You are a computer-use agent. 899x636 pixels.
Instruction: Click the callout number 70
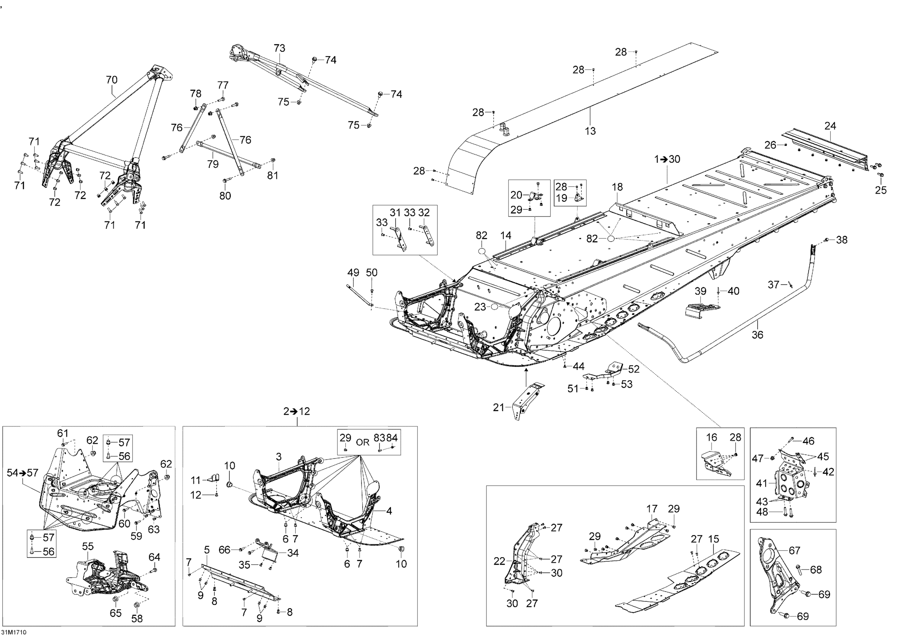pos(111,80)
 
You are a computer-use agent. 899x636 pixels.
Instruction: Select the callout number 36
pos(757,334)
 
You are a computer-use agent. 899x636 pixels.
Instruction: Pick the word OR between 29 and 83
pos(363,442)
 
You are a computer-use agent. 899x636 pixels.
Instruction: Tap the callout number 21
pos(498,408)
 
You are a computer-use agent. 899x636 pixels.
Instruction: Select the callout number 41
pos(761,484)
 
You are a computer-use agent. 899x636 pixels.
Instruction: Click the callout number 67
pos(794,551)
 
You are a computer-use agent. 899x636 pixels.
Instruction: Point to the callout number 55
pos(88,546)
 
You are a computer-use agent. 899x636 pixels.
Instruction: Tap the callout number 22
pos(499,562)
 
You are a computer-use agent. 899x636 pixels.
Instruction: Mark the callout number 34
pos(293,553)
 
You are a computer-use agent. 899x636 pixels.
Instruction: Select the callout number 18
pos(618,187)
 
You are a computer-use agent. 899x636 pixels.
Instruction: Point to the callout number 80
pos(225,196)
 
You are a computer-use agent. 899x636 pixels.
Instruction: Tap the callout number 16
pos(711,437)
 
